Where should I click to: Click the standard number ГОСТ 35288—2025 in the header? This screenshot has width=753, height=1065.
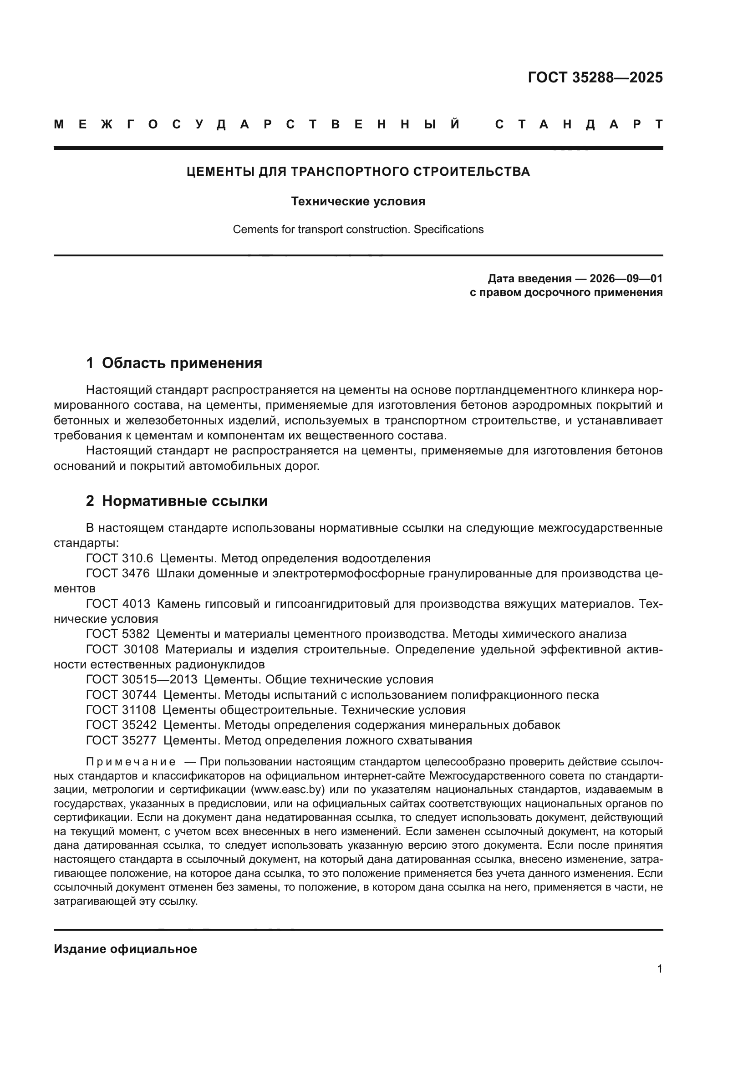point(595,77)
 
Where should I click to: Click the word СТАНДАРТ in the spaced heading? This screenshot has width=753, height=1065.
point(579,124)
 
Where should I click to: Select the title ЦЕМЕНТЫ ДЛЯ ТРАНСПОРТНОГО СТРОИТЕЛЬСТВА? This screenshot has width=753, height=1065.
point(358,172)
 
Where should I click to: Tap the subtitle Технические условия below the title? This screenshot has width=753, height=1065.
point(358,201)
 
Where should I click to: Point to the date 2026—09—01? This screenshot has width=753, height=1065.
point(626,278)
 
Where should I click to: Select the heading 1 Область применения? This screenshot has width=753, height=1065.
point(174,363)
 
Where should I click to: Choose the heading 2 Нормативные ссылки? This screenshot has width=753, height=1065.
point(177,501)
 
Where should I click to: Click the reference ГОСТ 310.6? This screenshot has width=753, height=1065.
point(120,558)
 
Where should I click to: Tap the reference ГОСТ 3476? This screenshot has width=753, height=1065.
point(118,573)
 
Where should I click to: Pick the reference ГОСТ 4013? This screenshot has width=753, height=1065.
point(118,604)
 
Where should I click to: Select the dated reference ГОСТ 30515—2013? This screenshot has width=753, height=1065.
point(142,679)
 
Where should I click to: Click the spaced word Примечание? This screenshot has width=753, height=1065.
point(130,762)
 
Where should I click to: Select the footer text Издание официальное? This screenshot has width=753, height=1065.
point(125,949)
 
